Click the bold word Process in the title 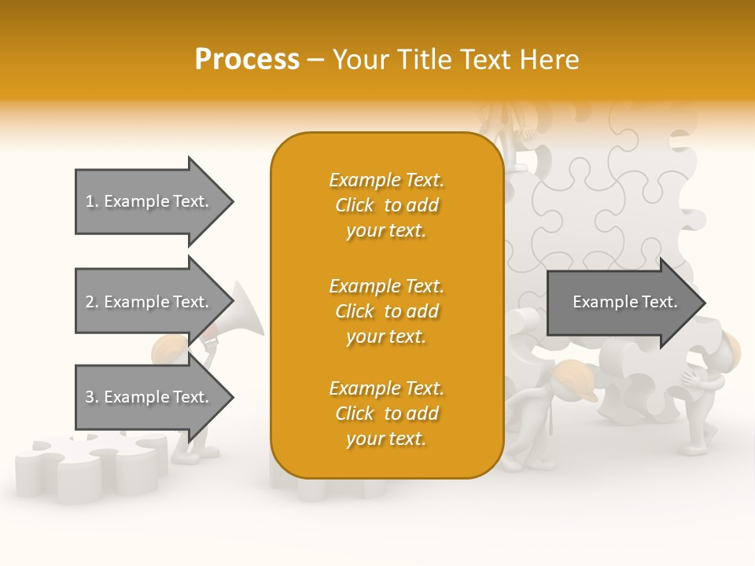(x=247, y=60)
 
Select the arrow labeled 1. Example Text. (x=149, y=201)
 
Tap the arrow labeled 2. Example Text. (x=149, y=302)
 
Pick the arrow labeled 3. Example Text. (x=149, y=397)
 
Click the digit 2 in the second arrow (x=90, y=302)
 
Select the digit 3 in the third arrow (x=90, y=397)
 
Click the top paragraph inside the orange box (x=386, y=205)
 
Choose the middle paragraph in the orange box (x=386, y=311)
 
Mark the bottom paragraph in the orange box (x=386, y=413)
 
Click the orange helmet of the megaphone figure (x=168, y=347)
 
